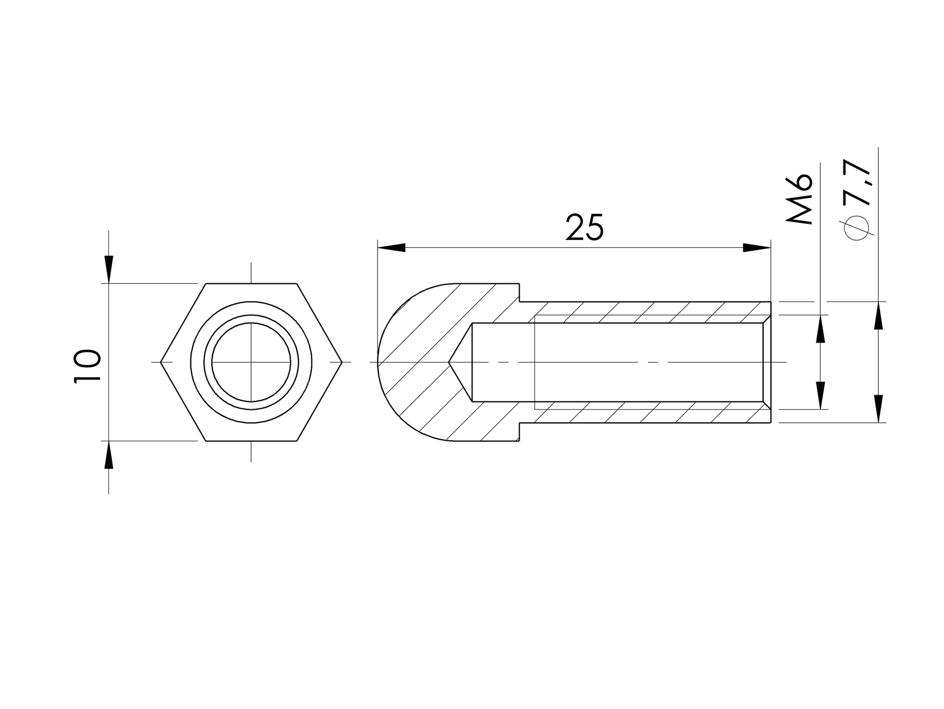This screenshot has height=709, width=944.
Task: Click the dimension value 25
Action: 584,228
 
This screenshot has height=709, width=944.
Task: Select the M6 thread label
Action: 800,199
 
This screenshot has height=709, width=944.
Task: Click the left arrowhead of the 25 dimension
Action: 392,248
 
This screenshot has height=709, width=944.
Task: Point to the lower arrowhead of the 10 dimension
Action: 109,454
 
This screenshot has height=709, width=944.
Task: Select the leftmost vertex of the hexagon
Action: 161,362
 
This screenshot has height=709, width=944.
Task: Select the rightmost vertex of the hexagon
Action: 342,362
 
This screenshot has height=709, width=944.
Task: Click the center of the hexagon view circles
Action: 251,362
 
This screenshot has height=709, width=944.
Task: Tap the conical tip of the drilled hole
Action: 450,362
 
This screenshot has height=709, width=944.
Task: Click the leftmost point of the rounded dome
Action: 378,362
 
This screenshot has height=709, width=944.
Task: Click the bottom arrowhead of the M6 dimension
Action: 821,395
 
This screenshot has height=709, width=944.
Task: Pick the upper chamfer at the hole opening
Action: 767,319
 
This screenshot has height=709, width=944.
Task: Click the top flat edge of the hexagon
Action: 251,283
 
